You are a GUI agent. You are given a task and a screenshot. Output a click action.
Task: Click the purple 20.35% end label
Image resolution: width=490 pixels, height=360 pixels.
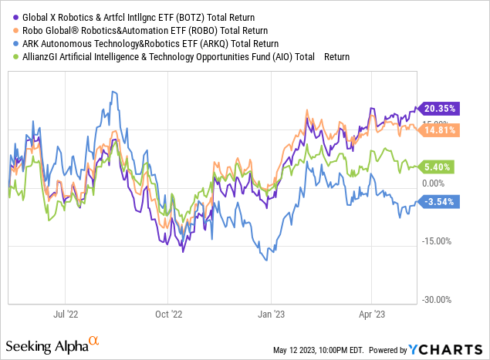pyautogui.click(x=441, y=109)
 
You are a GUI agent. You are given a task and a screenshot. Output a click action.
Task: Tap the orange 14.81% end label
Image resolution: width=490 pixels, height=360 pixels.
pyautogui.click(x=441, y=130)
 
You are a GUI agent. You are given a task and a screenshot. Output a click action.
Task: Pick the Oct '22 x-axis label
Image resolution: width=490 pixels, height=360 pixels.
pyautogui.click(x=168, y=315)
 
